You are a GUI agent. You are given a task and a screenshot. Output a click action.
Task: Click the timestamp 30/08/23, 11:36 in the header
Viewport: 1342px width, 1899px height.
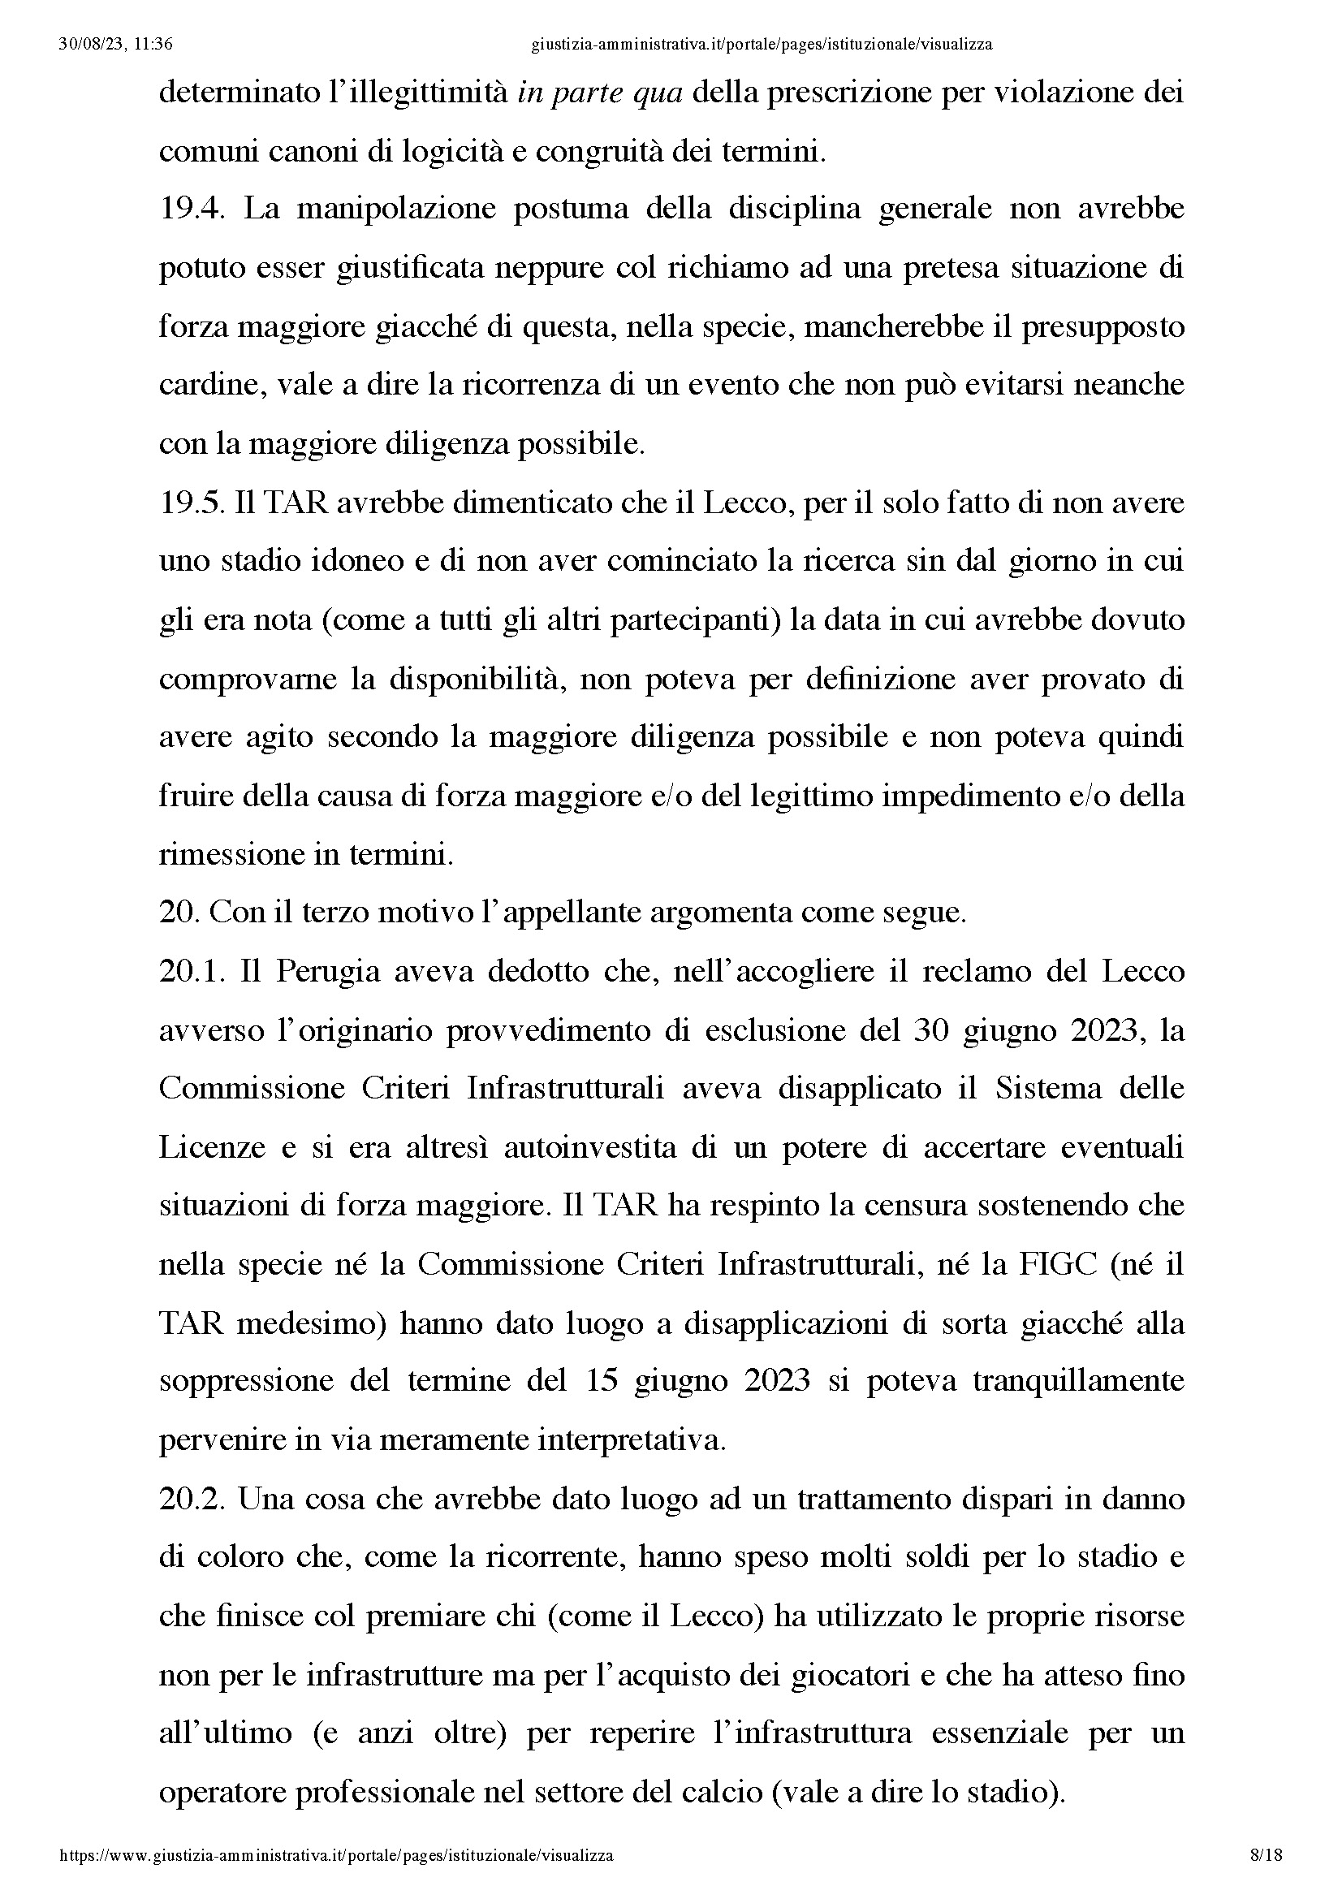pyautogui.click(x=116, y=45)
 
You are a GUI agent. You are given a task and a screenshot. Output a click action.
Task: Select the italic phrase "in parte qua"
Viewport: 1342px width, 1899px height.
pyautogui.click(x=600, y=92)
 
